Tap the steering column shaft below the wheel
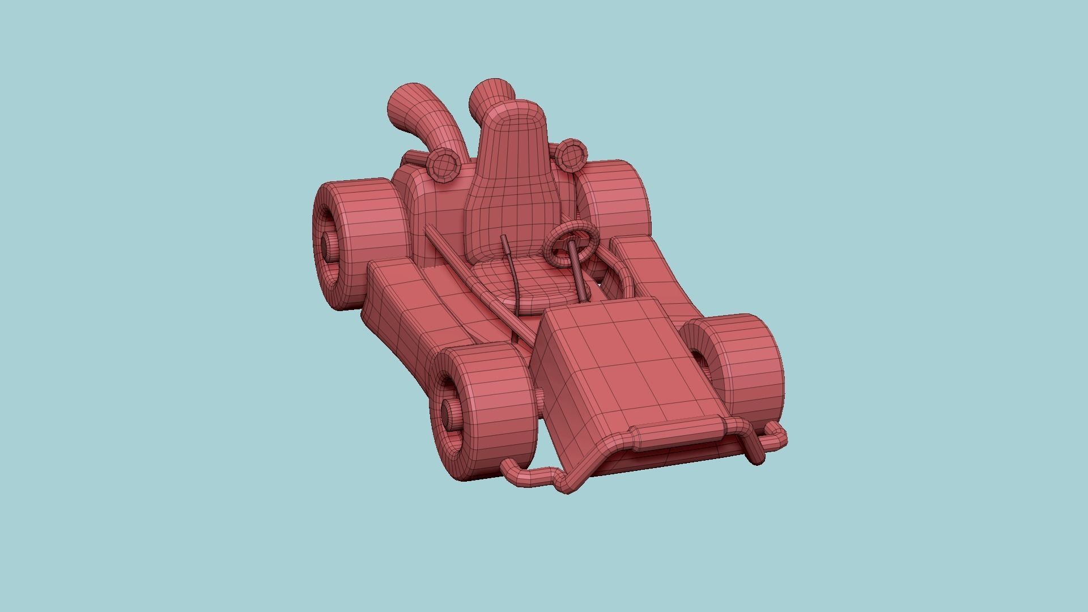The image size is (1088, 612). [x=579, y=269]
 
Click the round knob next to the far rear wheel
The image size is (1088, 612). [x=569, y=154]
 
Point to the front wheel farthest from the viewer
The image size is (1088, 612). [x=737, y=363]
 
